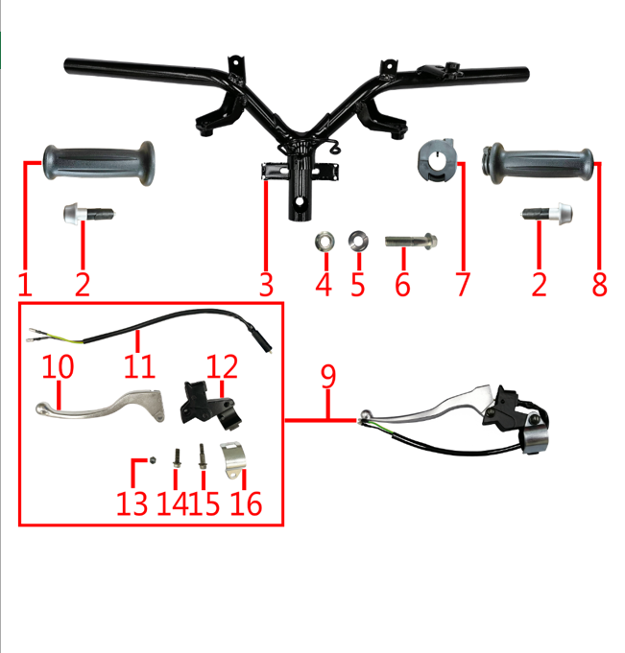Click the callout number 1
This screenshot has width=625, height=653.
[x=25, y=284]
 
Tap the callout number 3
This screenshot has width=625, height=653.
[x=266, y=284]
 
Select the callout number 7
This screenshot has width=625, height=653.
[x=464, y=284]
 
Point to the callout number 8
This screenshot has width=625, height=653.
[x=600, y=284]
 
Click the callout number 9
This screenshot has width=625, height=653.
[x=328, y=376]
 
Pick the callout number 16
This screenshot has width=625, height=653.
[x=246, y=502]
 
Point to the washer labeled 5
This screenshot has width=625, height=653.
[x=358, y=238]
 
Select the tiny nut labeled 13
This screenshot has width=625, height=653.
[x=154, y=461]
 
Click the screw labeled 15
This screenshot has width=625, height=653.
[x=204, y=455]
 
